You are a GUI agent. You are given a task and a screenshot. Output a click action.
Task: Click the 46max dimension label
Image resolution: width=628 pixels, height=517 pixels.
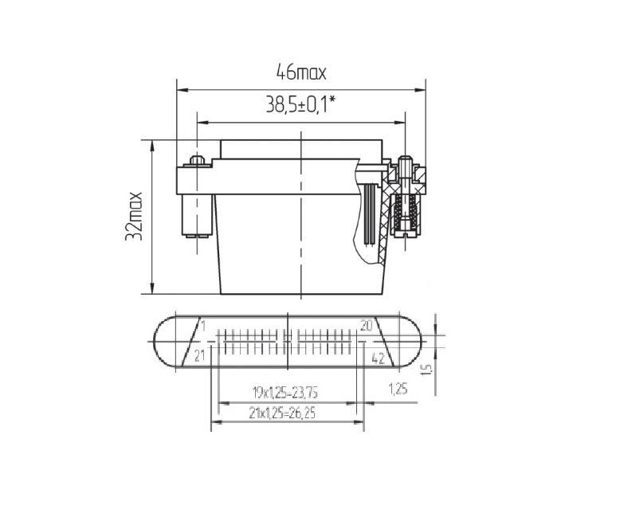pyautogui.click(x=301, y=72)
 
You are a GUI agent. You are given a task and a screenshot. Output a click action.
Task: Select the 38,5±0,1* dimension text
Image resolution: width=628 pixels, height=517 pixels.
pyautogui.click(x=300, y=104)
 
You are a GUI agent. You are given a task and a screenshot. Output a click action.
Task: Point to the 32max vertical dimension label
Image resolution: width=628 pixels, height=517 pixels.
pyautogui.click(x=134, y=217)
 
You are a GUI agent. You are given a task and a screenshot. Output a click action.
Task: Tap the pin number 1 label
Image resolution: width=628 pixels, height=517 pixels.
pyautogui.click(x=202, y=327)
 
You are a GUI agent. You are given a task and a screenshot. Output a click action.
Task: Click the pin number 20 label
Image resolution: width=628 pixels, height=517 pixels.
pyautogui.click(x=367, y=326)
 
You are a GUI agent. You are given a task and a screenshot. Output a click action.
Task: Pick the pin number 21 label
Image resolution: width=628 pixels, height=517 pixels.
pyautogui.click(x=199, y=355)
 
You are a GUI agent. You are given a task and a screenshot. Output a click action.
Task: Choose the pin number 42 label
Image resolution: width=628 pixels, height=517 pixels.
pyautogui.click(x=378, y=358)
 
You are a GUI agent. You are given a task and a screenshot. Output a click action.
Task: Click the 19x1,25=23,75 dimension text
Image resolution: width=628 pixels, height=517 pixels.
pyautogui.click(x=285, y=393)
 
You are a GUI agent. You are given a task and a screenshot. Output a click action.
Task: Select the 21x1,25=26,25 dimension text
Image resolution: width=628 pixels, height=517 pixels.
pyautogui.click(x=282, y=413)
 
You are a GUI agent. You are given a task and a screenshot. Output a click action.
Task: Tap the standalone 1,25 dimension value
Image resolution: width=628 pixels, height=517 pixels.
pyautogui.click(x=398, y=389)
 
